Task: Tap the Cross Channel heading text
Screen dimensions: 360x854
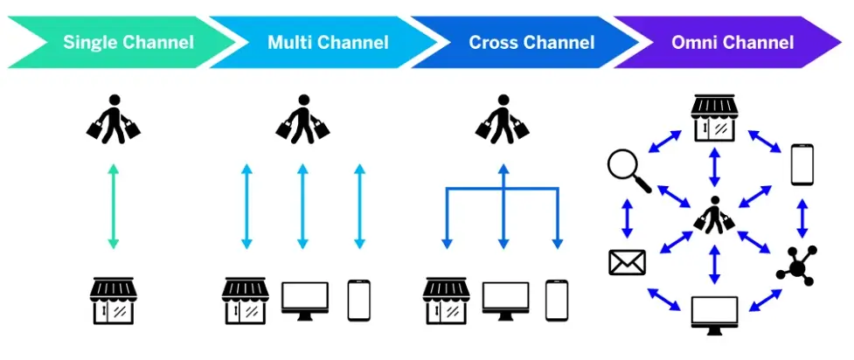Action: [531, 42]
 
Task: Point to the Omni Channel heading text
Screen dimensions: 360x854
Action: [732, 42]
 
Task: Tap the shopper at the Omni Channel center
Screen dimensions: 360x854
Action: [716, 214]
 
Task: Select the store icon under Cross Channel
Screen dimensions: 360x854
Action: [447, 301]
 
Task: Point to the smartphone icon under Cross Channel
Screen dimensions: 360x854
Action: [557, 300]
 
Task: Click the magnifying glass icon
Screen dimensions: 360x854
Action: [628, 170]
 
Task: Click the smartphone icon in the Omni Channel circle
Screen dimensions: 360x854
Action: [802, 164]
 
